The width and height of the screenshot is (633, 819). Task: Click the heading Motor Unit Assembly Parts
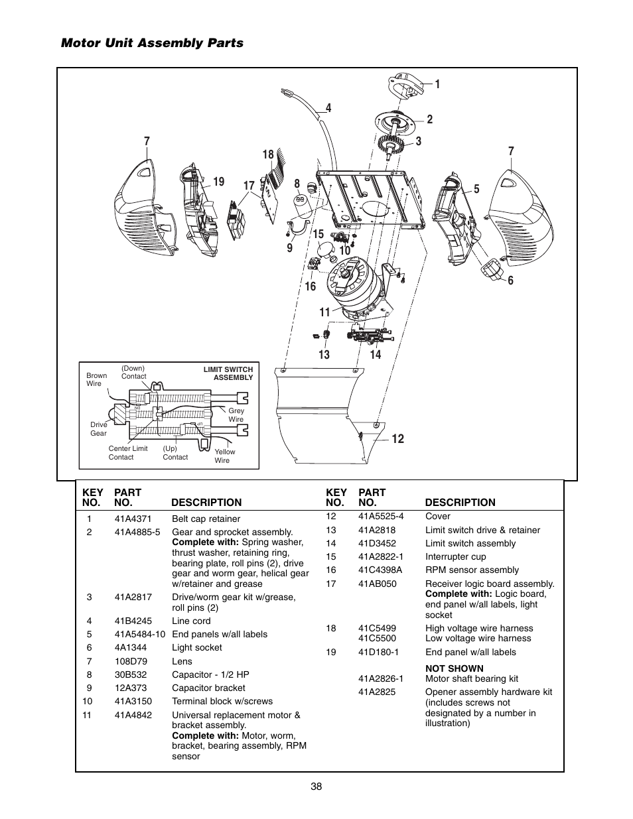point(152,43)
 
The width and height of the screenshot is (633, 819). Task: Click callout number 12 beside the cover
point(397,439)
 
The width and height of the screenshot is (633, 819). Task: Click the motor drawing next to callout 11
point(355,284)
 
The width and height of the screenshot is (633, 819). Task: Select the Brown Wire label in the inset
point(96,379)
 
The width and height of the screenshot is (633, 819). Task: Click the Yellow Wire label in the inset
point(224,456)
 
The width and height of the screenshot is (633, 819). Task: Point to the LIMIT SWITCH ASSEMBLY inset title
point(228,373)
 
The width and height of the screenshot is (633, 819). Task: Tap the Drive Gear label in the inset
point(98,429)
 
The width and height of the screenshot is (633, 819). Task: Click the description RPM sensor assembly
point(472,570)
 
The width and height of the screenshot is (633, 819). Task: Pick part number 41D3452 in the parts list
point(377,543)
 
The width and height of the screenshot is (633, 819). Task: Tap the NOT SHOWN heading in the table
point(454,668)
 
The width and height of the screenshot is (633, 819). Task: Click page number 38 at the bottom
point(316,787)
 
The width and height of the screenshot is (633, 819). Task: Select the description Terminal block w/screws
point(222,701)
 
